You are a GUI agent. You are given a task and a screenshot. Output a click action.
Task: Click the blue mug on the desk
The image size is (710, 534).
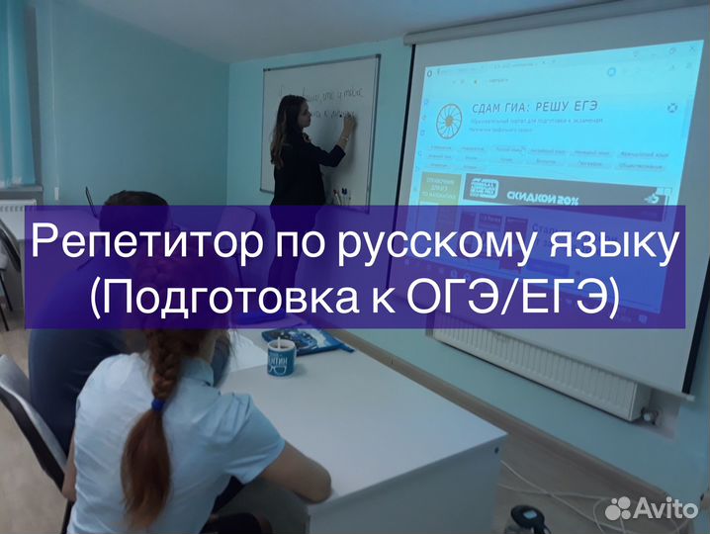283,352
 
